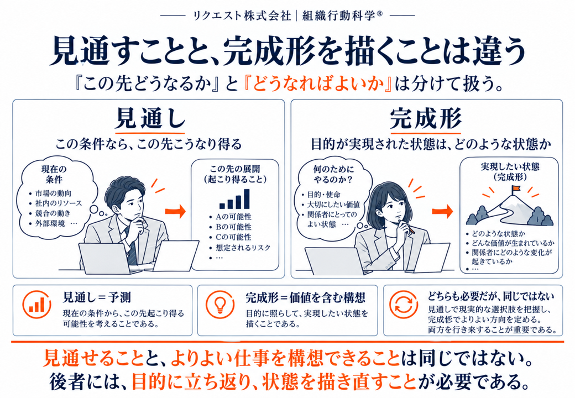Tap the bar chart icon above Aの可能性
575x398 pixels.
tap(234, 199)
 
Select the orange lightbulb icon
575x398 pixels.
tap(219, 305)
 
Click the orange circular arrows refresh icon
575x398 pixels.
tap(404, 305)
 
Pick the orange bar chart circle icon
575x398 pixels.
tap(36, 305)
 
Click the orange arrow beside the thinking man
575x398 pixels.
tap(175, 212)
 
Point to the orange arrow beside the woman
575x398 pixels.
tap(442, 211)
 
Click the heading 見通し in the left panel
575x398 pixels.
tap(150, 118)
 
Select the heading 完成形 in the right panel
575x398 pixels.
tap(425, 118)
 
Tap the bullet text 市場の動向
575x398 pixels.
tap(53, 193)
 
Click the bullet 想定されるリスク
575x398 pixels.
tap(243, 248)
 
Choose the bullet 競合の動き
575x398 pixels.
tap(53, 213)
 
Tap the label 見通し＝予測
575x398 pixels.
tap(97, 297)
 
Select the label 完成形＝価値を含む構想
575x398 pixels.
tap(305, 297)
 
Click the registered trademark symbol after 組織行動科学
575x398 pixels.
tap(380, 14)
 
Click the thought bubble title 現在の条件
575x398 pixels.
tap(54, 175)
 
